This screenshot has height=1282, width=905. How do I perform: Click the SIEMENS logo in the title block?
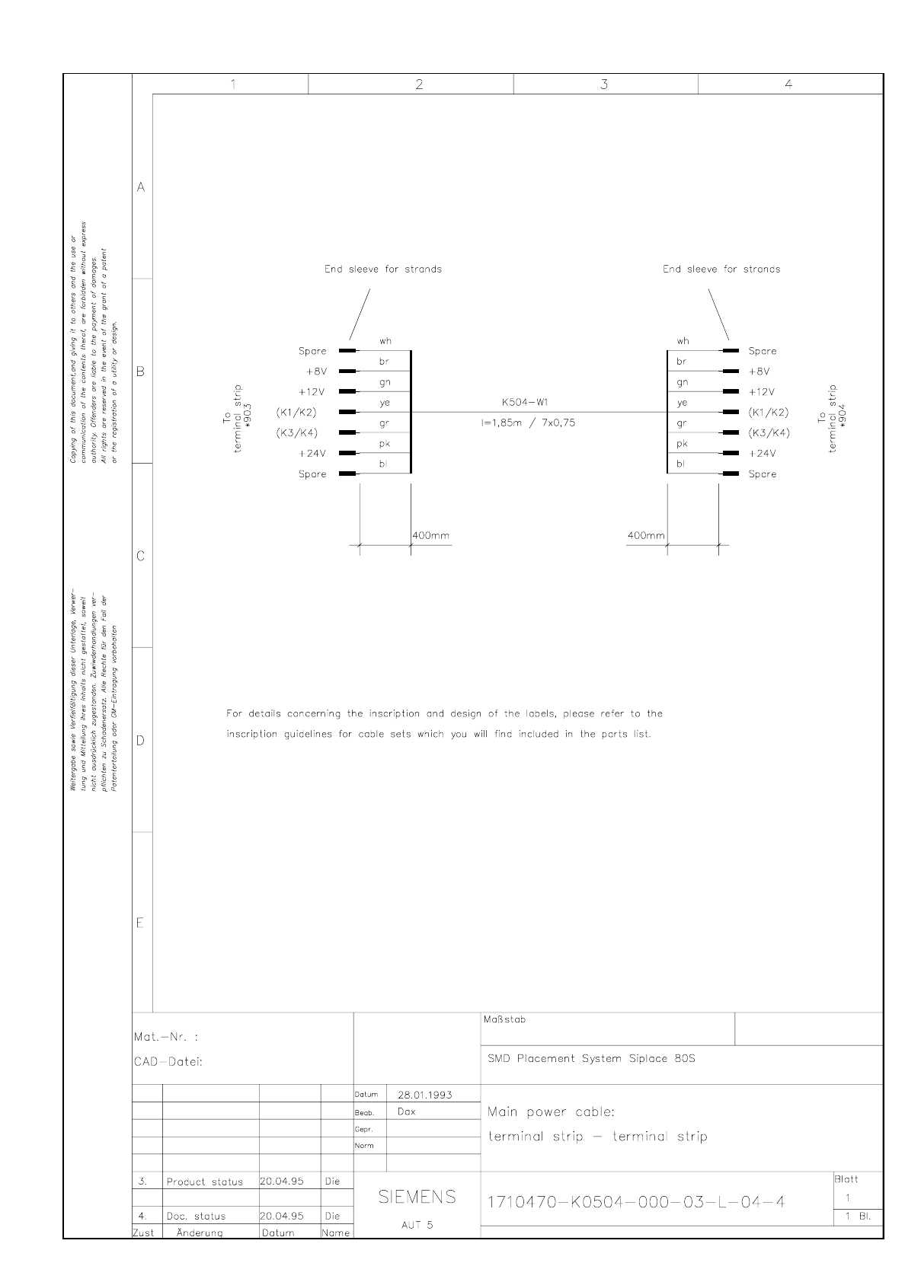(x=417, y=1196)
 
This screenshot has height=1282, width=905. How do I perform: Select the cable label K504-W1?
(x=526, y=403)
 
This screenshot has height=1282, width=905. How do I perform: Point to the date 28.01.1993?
(x=424, y=1095)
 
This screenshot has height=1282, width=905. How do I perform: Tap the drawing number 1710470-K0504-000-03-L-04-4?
(x=635, y=1202)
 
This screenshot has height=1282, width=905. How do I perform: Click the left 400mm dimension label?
(x=431, y=535)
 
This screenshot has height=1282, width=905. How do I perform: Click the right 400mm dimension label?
(x=645, y=535)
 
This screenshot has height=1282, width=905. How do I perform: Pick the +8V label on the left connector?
(x=316, y=372)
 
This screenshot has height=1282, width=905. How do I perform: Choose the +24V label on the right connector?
(x=762, y=453)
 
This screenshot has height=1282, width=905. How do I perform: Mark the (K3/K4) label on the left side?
(x=296, y=432)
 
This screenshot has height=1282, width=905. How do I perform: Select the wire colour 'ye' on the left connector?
(x=385, y=403)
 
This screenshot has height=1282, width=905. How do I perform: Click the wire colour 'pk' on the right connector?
(x=682, y=443)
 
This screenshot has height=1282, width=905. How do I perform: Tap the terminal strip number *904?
(x=842, y=416)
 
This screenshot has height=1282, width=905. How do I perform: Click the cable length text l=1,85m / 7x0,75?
(x=528, y=423)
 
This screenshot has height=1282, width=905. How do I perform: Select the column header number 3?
(x=604, y=85)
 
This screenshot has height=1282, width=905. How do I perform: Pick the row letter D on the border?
(x=140, y=740)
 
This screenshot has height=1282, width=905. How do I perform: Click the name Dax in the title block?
(x=406, y=1111)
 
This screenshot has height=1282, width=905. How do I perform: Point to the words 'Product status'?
(x=204, y=1182)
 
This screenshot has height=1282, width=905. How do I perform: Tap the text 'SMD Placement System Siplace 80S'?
(x=591, y=1058)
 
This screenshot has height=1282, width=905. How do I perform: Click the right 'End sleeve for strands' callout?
(x=721, y=269)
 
